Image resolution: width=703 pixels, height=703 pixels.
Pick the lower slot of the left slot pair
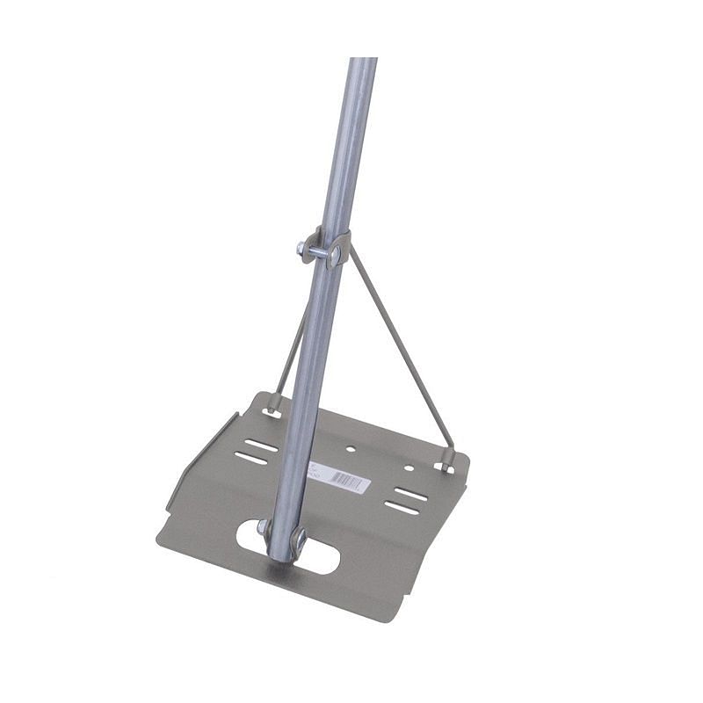pyautogui.click(x=252, y=458)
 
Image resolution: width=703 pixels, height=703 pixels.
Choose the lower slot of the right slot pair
pyautogui.click(x=402, y=507)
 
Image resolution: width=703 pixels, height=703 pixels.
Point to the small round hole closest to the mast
pyautogui.click(x=351, y=449)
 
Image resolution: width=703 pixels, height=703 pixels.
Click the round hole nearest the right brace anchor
pyautogui.click(x=409, y=468)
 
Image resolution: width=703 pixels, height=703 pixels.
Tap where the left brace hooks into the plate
pyautogui.click(x=273, y=405)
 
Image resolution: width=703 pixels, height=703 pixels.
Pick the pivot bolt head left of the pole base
pyautogui.click(x=263, y=527)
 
